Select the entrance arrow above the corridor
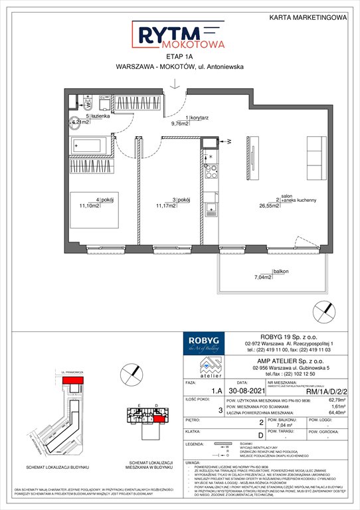click(173, 84)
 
